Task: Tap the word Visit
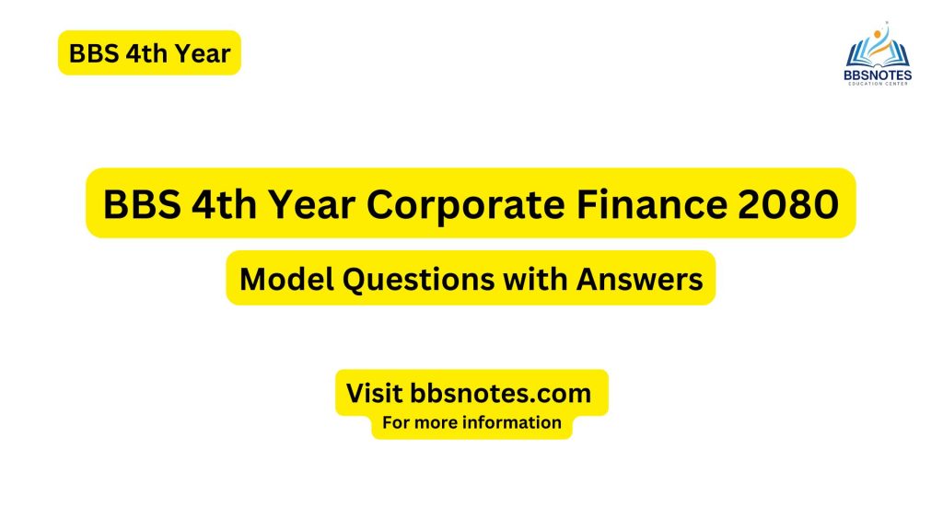coord(374,393)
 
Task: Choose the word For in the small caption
coord(397,423)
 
